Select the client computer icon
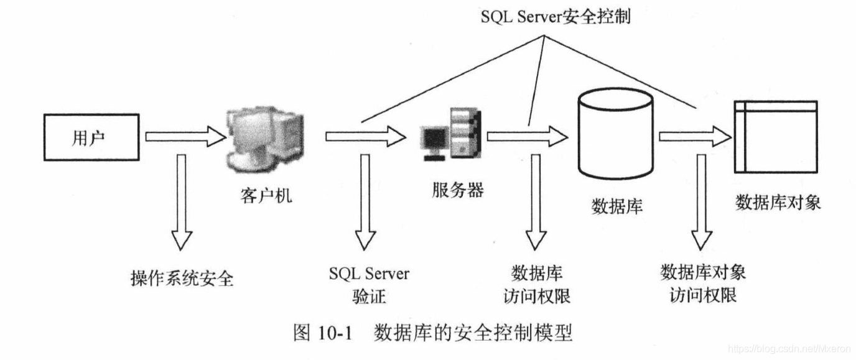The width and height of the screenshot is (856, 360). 265,139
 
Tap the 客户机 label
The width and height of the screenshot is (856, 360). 266,196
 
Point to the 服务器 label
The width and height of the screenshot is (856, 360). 458,190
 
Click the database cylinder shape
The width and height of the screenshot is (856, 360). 616,134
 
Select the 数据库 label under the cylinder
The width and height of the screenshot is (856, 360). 617,206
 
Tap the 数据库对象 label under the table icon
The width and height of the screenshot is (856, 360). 778,202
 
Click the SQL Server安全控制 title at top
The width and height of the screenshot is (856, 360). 556,17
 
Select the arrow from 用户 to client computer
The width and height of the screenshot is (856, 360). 186,137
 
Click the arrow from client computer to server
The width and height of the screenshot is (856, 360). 366,137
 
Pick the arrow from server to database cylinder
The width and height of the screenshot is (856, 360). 528,137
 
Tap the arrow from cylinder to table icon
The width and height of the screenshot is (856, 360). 695,137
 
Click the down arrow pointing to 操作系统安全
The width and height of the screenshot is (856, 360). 182,202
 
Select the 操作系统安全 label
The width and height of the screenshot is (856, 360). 182,278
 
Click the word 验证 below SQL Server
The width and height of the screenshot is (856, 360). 369,296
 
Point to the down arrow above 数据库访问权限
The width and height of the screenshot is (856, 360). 536,202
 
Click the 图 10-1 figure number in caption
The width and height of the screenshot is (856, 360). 322,333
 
